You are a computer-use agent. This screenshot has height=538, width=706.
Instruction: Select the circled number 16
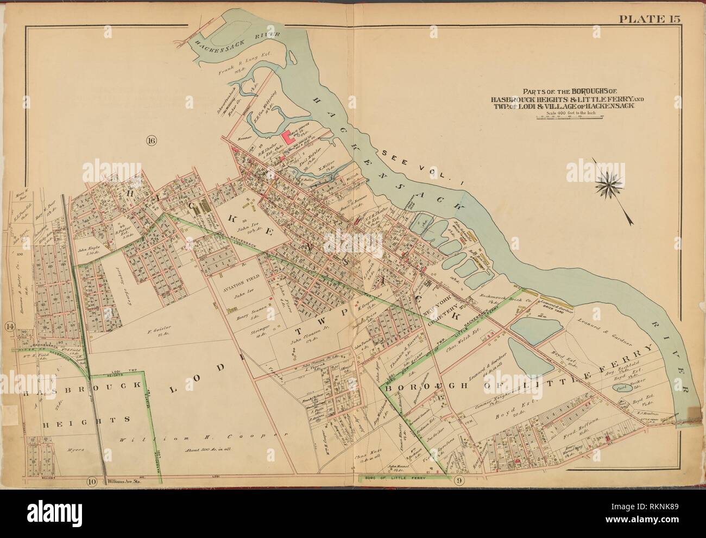click(150, 142)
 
